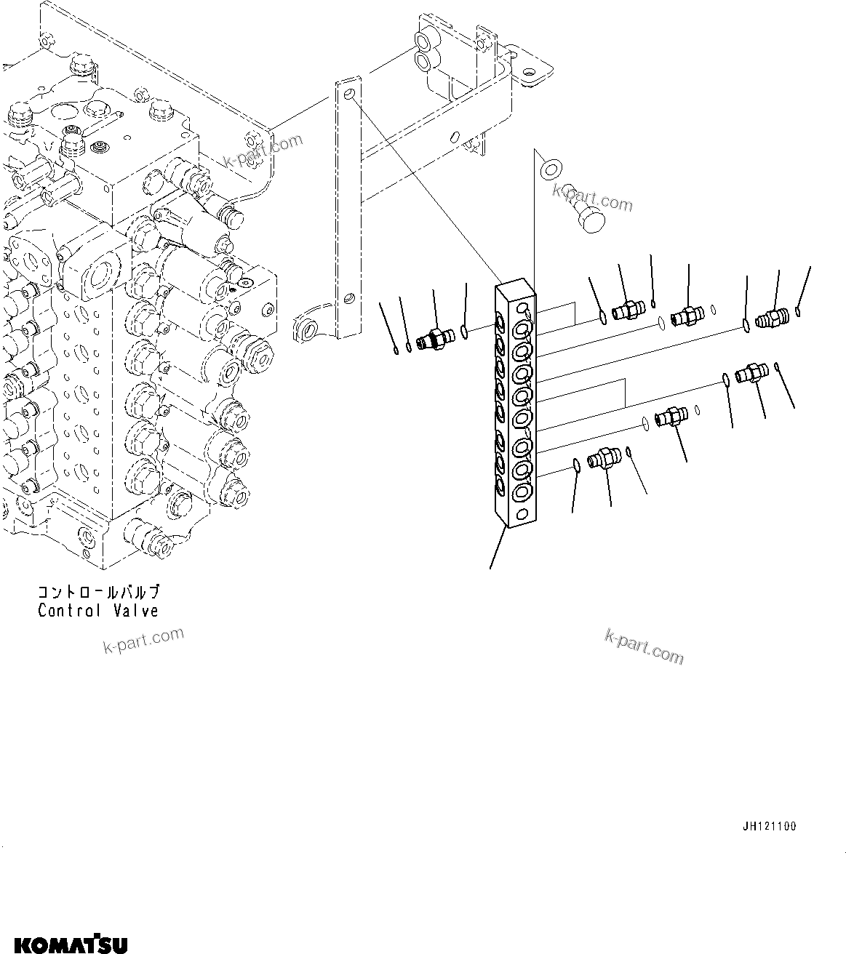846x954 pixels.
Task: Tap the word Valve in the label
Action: coord(135,611)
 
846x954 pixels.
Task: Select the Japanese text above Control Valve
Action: coord(98,593)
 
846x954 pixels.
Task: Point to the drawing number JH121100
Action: coord(769,827)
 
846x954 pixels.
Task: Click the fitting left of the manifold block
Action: coord(436,337)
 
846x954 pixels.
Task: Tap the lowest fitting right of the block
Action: coord(604,460)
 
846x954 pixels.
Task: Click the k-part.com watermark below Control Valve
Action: coord(143,640)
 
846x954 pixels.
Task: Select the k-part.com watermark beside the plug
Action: coord(592,196)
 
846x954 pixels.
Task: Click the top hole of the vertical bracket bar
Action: coord(350,95)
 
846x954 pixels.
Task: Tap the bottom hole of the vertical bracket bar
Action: coord(350,298)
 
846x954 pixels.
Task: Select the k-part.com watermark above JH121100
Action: coord(644,646)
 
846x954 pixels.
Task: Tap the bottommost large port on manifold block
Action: coord(521,493)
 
